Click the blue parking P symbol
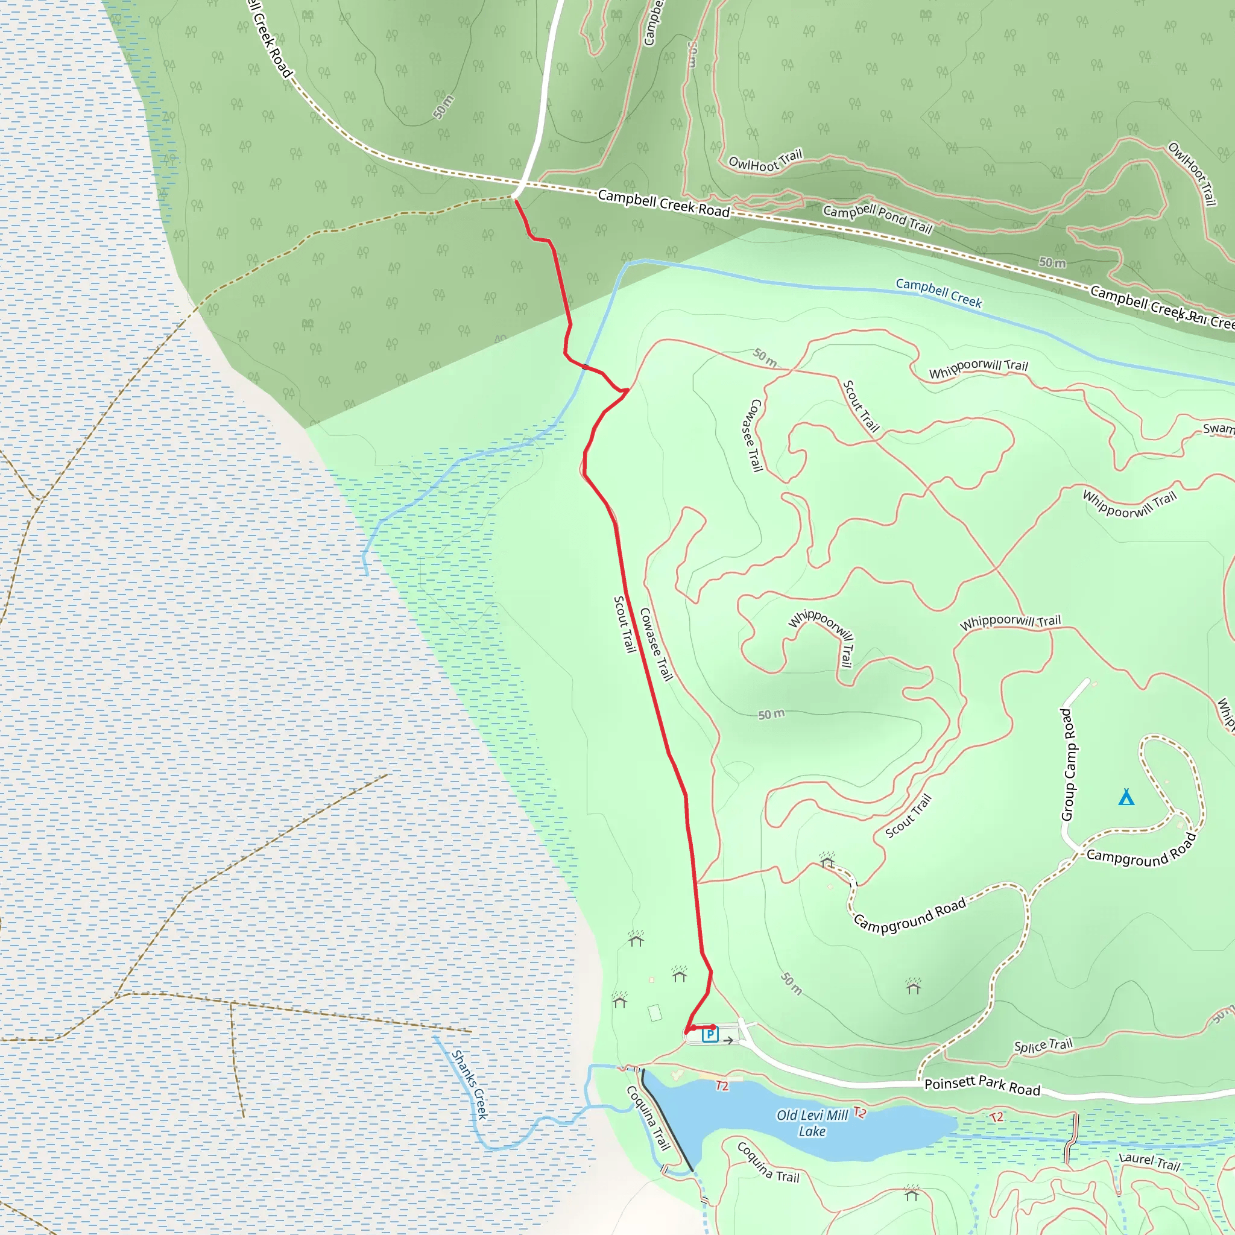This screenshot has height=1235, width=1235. [x=710, y=1034]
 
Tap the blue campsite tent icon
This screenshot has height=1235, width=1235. [x=1126, y=797]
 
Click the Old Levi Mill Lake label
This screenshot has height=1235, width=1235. [x=812, y=1123]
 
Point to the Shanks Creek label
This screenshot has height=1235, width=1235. [x=470, y=1085]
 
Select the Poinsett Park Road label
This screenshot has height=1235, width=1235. [x=982, y=1085]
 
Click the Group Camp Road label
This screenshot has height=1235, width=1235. [x=1068, y=765]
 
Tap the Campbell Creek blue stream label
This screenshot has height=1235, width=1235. [x=938, y=292]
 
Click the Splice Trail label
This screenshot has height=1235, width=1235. [x=1043, y=1046]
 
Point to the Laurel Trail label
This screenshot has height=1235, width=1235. [x=1149, y=1161]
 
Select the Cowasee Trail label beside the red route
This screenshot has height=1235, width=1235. [x=657, y=645]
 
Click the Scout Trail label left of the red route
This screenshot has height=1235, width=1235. [x=625, y=625]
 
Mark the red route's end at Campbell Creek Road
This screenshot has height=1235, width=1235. [x=516, y=201]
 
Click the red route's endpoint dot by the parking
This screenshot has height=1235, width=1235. [x=713, y=1027]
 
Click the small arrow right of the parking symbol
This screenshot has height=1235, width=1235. [x=728, y=1040]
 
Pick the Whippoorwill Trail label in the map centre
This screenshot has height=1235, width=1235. [x=821, y=636]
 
